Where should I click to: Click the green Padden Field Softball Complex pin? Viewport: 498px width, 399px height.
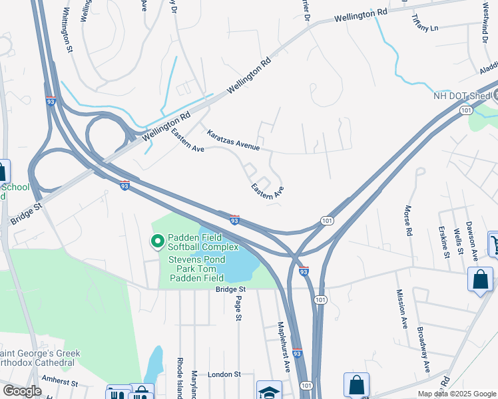pyautogui.click(x=158, y=241)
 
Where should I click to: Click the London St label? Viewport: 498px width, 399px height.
pyautogui.click(x=223, y=375)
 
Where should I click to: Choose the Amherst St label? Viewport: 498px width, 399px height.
pyautogui.click(x=60, y=384)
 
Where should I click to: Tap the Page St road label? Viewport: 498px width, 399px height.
pyautogui.click(x=237, y=308)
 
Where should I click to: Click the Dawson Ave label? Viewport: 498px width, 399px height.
pyautogui.click(x=473, y=239)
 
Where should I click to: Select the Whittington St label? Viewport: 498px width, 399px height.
pyautogui.click(x=66, y=30)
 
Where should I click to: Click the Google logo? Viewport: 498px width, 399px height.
pyautogui.click(x=22, y=390)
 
